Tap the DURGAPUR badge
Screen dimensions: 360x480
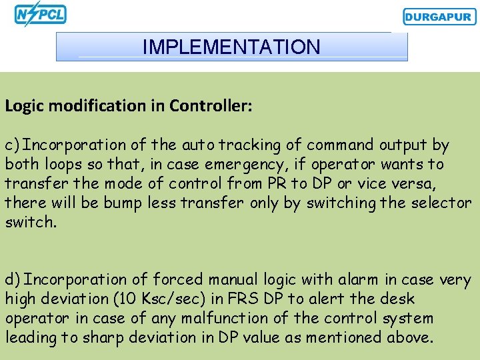(439, 17)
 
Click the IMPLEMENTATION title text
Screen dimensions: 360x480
(231, 47)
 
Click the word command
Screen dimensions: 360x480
(342, 145)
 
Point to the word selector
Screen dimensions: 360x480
(442, 203)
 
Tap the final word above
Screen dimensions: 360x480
(409, 338)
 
